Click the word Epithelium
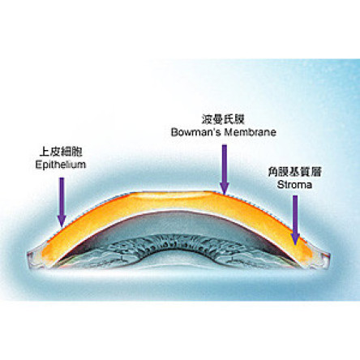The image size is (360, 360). pyautogui.click(x=61, y=165)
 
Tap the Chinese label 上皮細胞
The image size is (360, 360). pyautogui.click(x=61, y=152)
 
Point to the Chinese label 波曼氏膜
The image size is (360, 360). pyautogui.click(x=223, y=119)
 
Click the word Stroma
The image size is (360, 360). pyautogui.click(x=294, y=185)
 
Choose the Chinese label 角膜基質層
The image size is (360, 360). pyautogui.click(x=294, y=172)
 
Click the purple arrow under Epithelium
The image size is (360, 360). pyautogui.click(x=62, y=202)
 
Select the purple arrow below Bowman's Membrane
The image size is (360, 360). pyautogui.click(x=225, y=169)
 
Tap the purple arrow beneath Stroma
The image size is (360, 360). pyautogui.click(x=295, y=221)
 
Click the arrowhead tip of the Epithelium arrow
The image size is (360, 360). pyautogui.click(x=62, y=227)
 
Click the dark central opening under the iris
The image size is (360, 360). pyautogui.click(x=181, y=259)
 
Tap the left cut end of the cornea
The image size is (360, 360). pyautogui.click(x=35, y=258)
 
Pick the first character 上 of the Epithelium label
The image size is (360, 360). pyautogui.click(x=45, y=152)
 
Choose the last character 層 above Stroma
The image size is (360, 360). pyautogui.click(x=316, y=172)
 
